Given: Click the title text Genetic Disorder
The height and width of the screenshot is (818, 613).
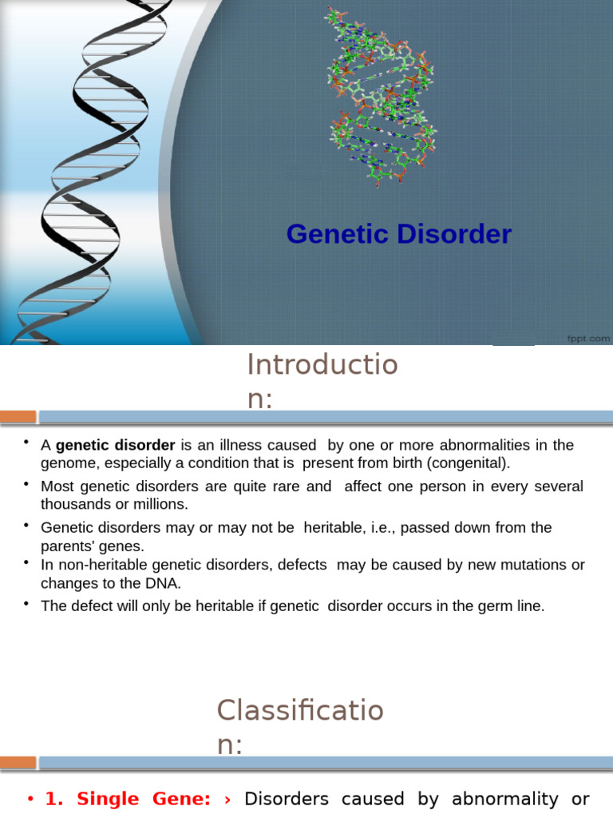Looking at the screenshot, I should click(398, 235).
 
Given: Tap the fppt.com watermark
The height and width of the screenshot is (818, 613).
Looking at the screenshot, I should click(589, 338).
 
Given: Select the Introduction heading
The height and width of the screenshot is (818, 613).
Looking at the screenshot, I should click(322, 380).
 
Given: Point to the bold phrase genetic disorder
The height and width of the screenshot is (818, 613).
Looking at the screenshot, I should click(115, 445).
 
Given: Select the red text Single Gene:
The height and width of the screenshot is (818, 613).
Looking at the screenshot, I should click(129, 799).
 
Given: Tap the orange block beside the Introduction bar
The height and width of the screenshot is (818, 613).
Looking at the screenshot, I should click(18, 416).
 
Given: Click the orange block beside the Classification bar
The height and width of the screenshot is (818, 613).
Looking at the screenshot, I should click(18, 762).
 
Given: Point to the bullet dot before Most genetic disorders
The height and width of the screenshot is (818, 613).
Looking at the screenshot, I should click(26, 483).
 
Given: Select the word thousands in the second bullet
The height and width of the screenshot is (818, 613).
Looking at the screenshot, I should click(77, 505).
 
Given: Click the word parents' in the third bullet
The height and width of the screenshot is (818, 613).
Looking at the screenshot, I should click(66, 546).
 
